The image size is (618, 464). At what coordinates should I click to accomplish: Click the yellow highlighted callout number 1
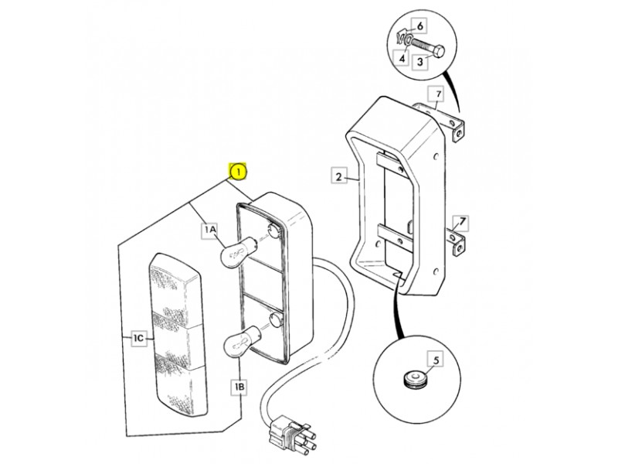point(238,172)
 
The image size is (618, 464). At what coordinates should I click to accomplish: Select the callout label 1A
point(209,229)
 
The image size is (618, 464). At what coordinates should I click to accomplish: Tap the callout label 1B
point(239,387)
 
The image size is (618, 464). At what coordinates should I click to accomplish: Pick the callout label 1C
point(139,338)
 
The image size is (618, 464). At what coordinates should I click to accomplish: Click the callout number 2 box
point(339,176)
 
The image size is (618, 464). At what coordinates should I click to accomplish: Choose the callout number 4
point(402,59)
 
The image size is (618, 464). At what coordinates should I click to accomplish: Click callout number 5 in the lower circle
point(436,359)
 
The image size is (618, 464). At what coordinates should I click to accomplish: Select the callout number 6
point(420,26)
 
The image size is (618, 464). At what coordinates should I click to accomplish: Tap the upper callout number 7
point(437,94)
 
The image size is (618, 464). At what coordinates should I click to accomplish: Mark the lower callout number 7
point(461,223)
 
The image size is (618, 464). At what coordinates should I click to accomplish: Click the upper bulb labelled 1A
point(234,252)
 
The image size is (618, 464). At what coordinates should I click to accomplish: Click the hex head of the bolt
point(439,50)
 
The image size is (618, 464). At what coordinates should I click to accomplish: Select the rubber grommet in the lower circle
point(411,378)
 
